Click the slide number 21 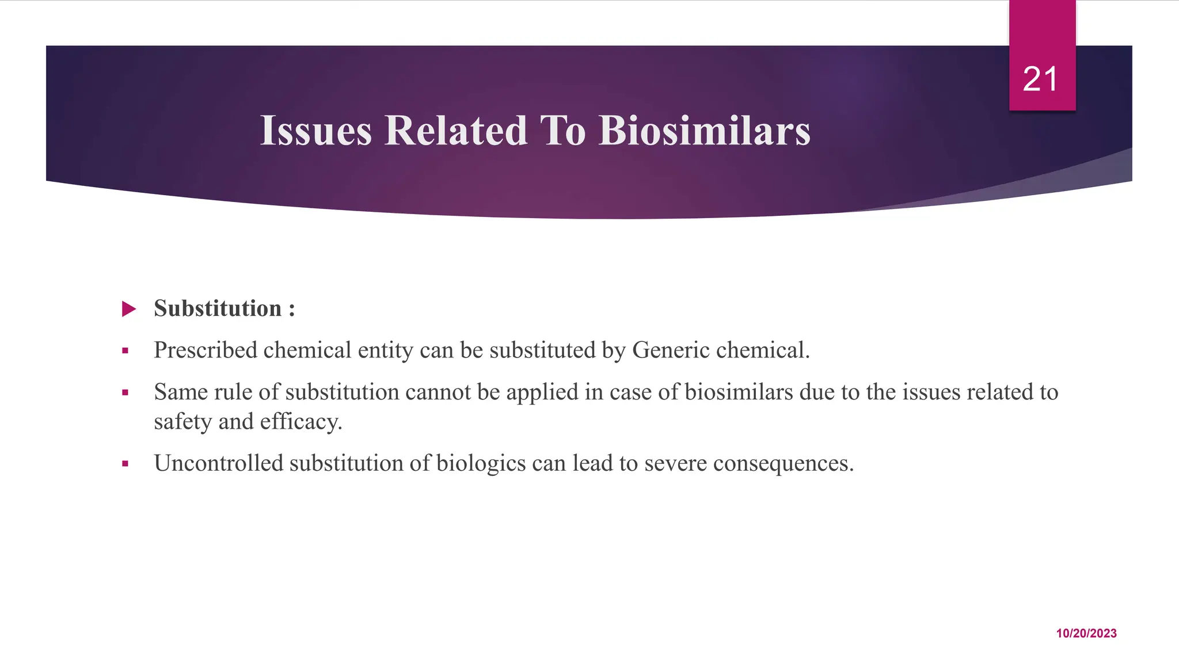point(1040,79)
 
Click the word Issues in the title point(316,131)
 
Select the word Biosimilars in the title point(704,131)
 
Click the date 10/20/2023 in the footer point(1086,633)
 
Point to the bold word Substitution point(218,308)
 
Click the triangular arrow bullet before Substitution point(129,309)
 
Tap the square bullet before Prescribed point(125,350)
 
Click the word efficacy point(301,422)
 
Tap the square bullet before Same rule point(125,393)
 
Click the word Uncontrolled point(218,463)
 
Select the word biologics point(481,463)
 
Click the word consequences point(783,463)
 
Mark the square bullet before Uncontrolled point(125,463)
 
